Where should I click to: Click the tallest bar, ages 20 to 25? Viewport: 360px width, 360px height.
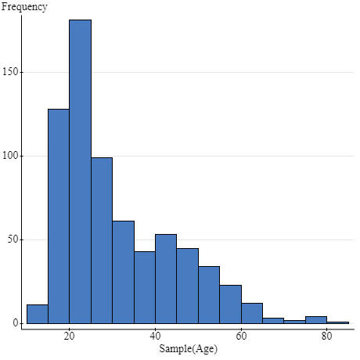coord(80,171)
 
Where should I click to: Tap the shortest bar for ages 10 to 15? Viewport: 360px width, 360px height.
coord(37,314)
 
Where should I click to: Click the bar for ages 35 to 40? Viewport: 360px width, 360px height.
coord(145,287)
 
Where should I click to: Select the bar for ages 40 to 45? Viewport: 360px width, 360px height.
coord(166,279)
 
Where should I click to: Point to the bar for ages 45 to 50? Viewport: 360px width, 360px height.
coord(187,286)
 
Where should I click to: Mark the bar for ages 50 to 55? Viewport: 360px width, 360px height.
coord(209,295)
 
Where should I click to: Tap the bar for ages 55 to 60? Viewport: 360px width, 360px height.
coord(230,304)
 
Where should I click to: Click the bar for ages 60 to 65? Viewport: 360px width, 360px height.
coord(252,313)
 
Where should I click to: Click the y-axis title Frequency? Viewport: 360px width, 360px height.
coord(24,7)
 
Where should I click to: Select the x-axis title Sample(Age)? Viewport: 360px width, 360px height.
coord(188,349)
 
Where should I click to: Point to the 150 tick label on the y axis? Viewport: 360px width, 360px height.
coord(11,73)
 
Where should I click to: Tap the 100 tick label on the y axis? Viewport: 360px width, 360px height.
coord(11,156)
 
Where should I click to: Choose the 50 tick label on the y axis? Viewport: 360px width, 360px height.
coord(13,239)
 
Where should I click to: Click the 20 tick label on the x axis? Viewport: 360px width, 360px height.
coord(69,337)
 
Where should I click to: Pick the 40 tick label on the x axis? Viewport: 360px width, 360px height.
coord(155,337)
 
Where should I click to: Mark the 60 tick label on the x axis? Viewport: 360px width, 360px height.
coord(241,337)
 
